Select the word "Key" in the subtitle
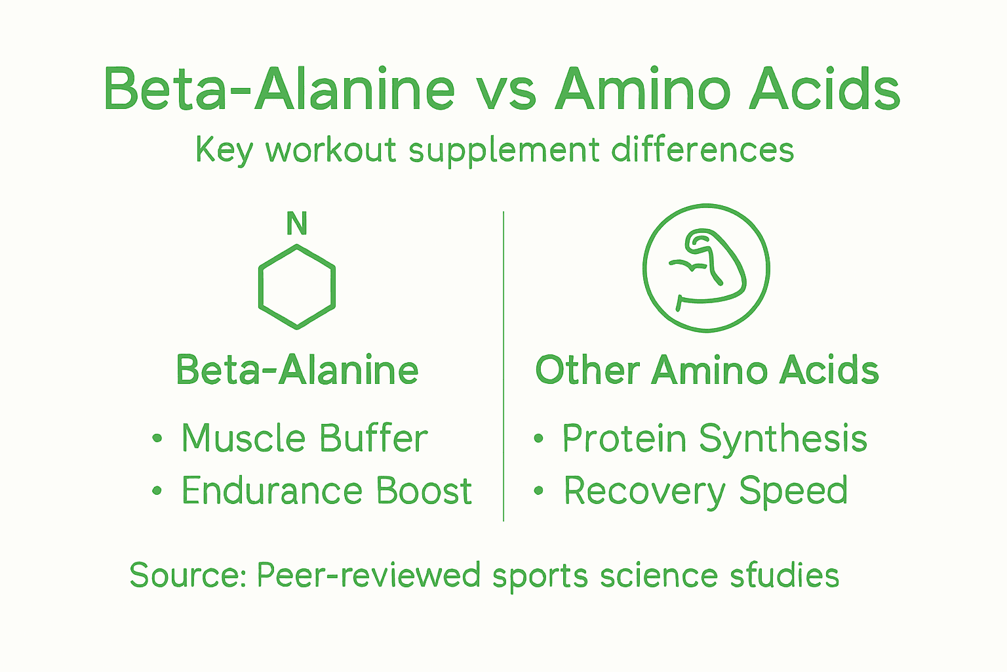[224, 150]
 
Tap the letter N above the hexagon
[297, 224]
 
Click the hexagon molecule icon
[297, 287]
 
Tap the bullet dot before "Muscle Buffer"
[157, 438]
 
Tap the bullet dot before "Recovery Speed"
[539, 491]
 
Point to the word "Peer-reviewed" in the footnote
[368, 576]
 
